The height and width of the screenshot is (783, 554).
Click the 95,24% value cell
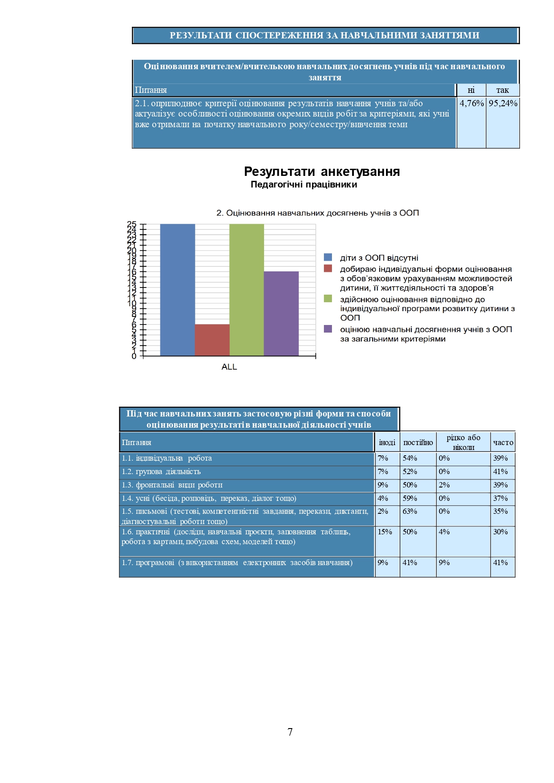(x=503, y=104)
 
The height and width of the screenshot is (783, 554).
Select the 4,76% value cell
(x=471, y=104)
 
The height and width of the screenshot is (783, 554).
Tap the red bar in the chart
(x=212, y=340)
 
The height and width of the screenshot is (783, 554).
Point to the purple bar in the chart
(x=281, y=313)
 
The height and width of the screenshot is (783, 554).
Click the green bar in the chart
(x=247, y=290)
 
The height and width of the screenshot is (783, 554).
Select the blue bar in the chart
(x=177, y=290)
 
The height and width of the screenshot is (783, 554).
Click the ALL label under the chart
(x=229, y=367)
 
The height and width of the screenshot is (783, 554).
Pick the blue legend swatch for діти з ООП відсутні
(x=328, y=258)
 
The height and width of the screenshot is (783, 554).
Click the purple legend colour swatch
(x=328, y=329)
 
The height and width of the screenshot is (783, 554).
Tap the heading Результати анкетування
(x=322, y=171)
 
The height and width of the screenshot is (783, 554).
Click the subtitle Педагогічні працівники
(x=304, y=185)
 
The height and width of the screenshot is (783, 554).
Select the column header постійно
(x=418, y=442)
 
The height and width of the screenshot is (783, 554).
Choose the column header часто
(x=503, y=442)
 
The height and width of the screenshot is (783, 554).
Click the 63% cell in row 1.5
(x=410, y=512)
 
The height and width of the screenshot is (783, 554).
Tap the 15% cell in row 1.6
(x=385, y=532)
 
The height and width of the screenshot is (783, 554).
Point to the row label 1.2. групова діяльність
(x=161, y=472)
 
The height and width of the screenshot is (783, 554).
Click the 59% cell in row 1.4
(x=410, y=499)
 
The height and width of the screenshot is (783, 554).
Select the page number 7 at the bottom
(x=290, y=732)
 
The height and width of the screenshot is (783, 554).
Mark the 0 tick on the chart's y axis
(x=134, y=356)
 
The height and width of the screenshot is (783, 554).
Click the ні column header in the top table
(x=471, y=90)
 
